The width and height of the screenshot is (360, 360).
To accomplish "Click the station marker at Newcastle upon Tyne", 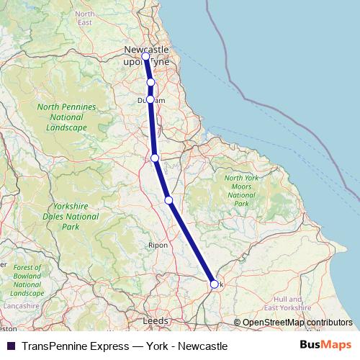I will point(145,56).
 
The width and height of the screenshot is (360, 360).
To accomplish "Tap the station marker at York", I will point(214,284).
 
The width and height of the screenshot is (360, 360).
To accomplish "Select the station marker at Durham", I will point(150,99).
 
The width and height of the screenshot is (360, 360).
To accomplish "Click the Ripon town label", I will point(158,246).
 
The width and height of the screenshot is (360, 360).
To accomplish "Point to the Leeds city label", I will point(156,320).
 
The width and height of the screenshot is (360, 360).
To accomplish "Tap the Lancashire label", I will point(21,306).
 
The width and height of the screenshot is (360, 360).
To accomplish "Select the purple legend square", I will point(11,346).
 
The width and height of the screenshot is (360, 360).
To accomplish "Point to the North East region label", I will point(85,18).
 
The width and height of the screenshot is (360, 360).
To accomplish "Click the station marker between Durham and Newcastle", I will point(150,83).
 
